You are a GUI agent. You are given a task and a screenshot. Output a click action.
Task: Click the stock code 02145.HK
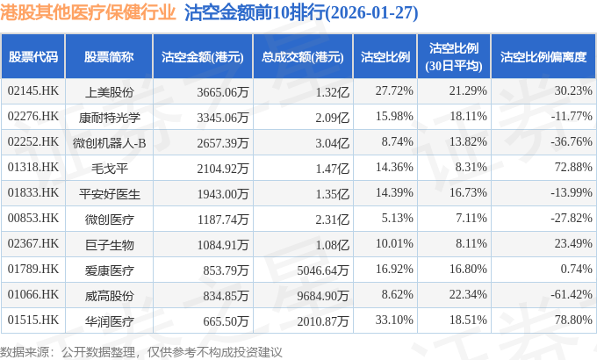[32, 91]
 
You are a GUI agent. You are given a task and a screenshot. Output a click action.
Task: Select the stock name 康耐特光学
[110, 117]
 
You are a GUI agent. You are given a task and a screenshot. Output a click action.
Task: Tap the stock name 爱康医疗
[110, 269]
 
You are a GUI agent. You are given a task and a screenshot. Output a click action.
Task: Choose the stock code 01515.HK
[32, 320]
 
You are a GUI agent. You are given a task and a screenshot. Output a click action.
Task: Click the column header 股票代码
[32, 57]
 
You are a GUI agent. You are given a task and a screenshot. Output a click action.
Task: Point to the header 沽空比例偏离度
[543, 57]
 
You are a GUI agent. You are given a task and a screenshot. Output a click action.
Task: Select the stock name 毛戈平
[110, 167]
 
